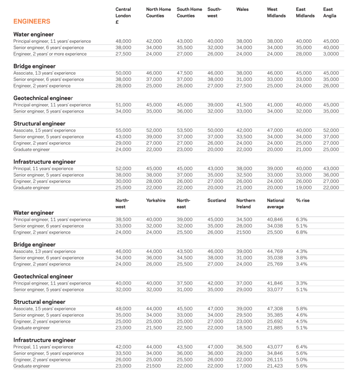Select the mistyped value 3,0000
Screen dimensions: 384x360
click(x=331, y=54)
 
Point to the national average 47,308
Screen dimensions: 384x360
click(x=276, y=308)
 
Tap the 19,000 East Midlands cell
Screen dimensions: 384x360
click(x=304, y=188)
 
